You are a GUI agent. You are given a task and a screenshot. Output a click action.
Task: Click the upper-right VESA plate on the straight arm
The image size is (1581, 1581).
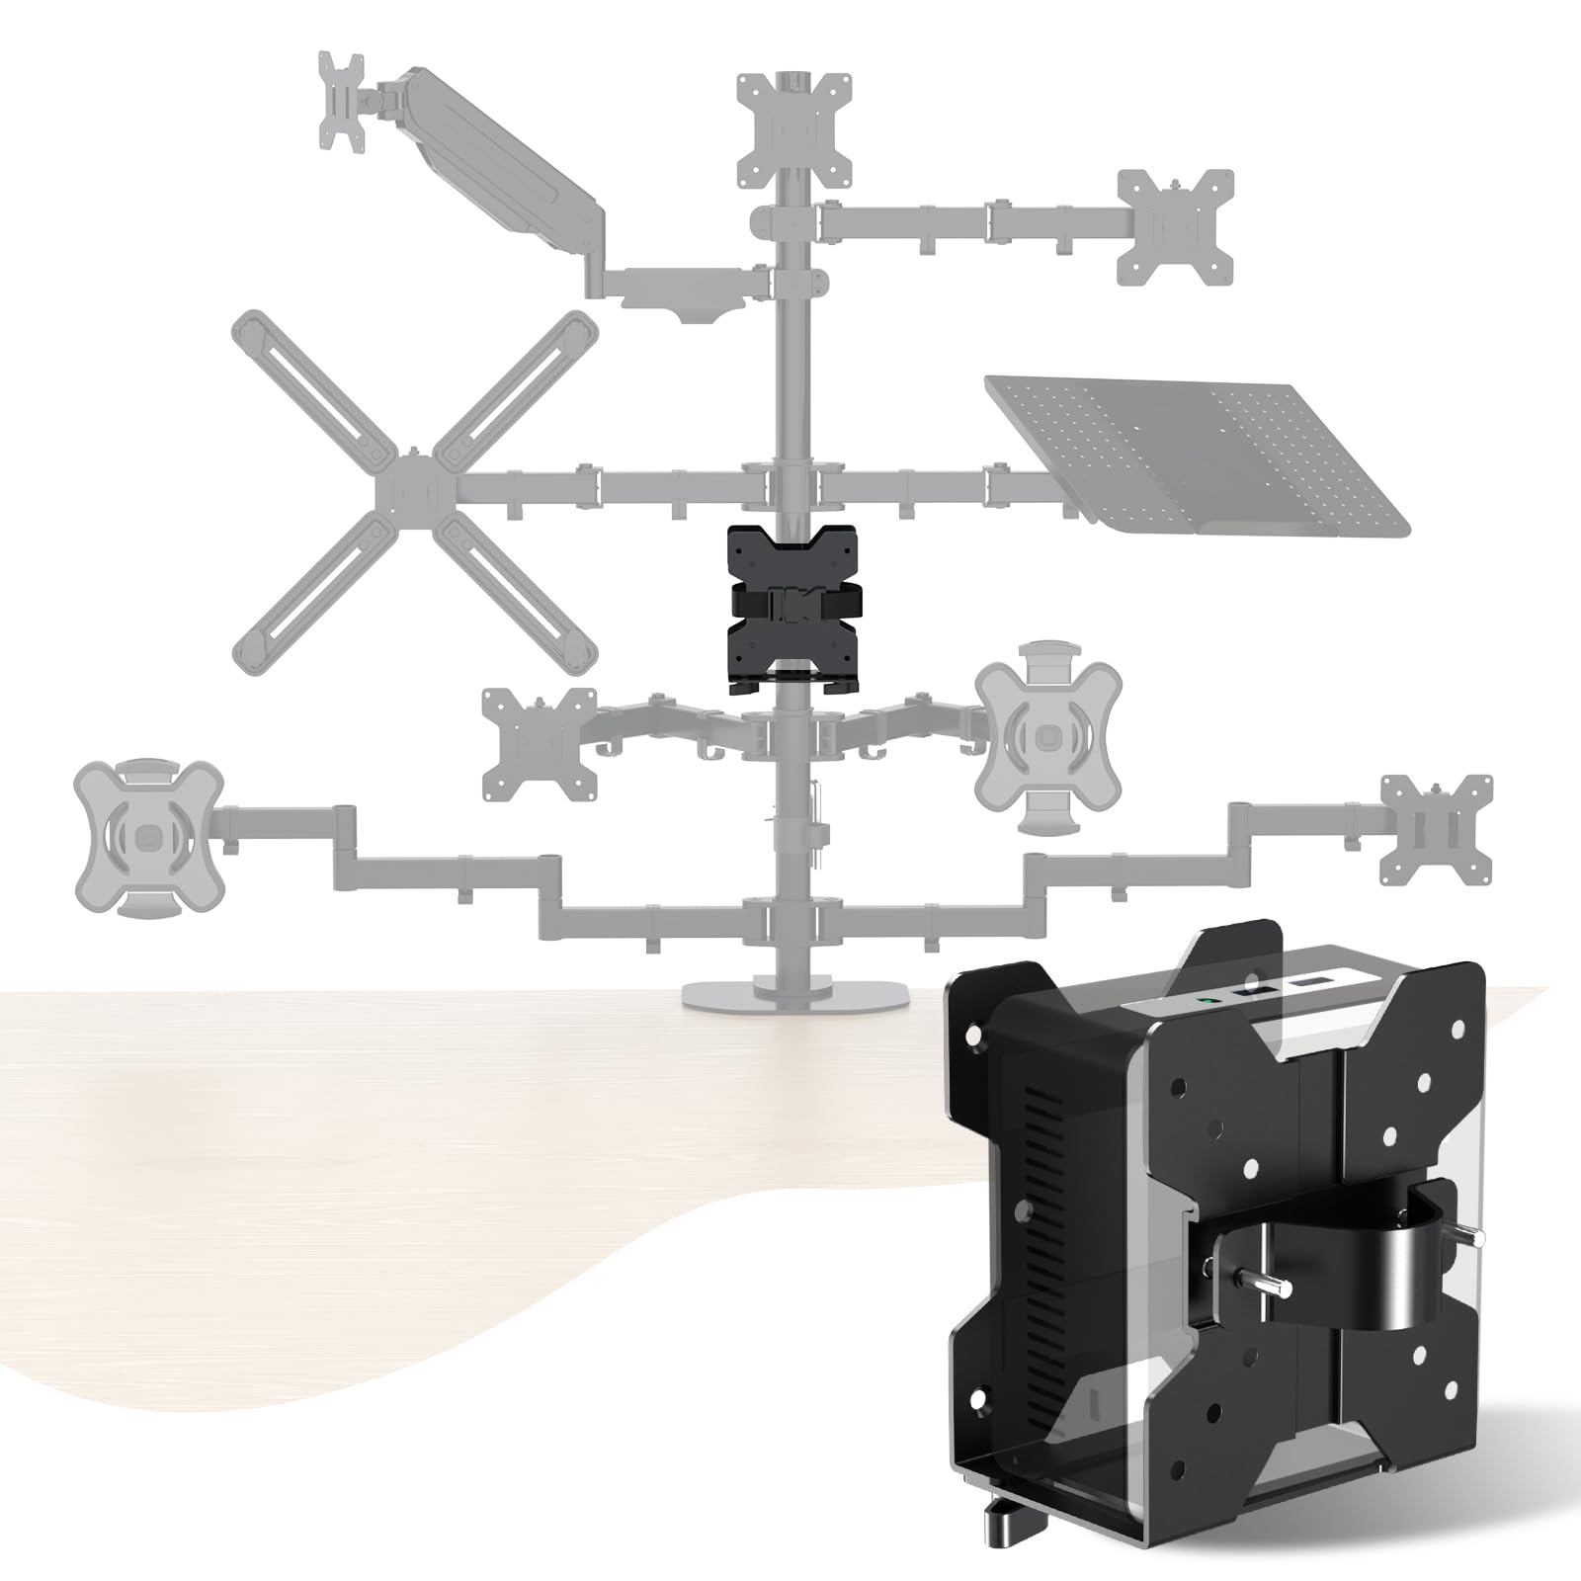pyautogui.click(x=1175, y=227)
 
